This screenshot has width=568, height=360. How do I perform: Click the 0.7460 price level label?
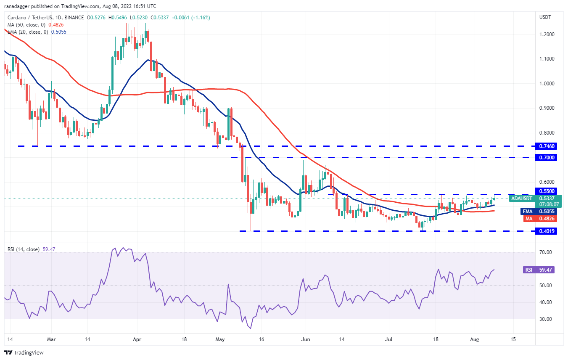tap(546, 146)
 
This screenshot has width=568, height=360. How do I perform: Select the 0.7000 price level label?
tap(546, 157)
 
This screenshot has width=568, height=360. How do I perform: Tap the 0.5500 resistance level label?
tap(546, 191)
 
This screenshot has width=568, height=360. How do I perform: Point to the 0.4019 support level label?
tap(546, 231)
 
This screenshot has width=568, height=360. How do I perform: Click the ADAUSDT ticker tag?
tap(521, 198)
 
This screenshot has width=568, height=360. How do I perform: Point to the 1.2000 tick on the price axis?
tap(547, 34)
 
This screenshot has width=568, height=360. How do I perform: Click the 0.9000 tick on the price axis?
tap(547, 108)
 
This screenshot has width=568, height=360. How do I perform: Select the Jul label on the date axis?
tap(389, 338)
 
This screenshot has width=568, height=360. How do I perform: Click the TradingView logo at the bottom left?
tap(24, 352)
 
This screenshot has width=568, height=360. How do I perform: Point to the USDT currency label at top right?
tap(545, 17)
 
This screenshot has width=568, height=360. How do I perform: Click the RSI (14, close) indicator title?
tap(24, 249)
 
